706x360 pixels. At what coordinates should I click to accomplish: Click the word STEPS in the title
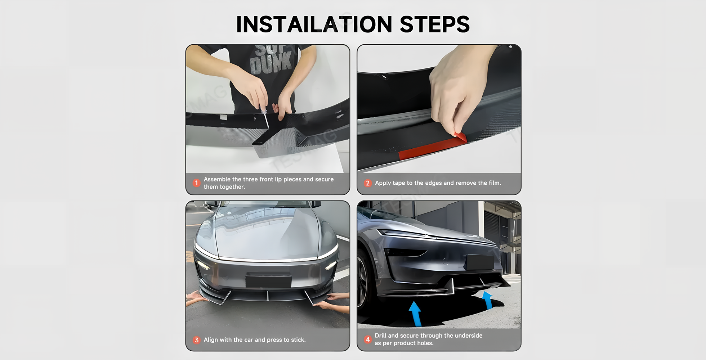pyautogui.click(x=435, y=24)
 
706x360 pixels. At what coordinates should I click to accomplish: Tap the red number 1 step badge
pyautogui.click(x=196, y=183)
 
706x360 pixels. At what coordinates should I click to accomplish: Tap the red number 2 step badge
pyautogui.click(x=367, y=183)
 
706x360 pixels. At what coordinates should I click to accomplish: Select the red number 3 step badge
pyautogui.click(x=196, y=340)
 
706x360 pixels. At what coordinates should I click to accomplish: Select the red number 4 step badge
pyautogui.click(x=367, y=339)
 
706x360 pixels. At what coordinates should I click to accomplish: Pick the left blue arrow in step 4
pyautogui.click(x=415, y=314)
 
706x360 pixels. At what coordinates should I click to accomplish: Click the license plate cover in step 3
pyautogui.click(x=268, y=281)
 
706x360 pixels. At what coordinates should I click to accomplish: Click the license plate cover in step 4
pyautogui.click(x=480, y=262)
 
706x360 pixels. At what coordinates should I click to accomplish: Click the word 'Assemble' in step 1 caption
pyautogui.click(x=217, y=179)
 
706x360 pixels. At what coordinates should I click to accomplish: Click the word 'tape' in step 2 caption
pyautogui.click(x=398, y=183)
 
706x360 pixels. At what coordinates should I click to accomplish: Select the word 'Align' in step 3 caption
pyautogui.click(x=211, y=340)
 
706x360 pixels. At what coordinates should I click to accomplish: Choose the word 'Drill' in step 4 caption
pyautogui.click(x=380, y=336)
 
